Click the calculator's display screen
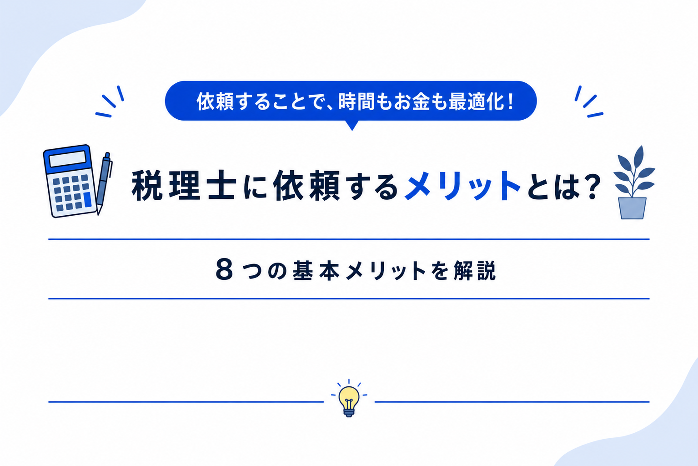click(67, 159)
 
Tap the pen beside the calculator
click(104, 183)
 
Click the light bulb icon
click(349, 400)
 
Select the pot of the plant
click(632, 208)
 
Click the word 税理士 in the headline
click(184, 185)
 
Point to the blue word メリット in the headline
click(462, 185)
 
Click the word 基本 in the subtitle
click(316, 270)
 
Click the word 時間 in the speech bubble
click(357, 101)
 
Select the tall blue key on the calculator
click(87, 199)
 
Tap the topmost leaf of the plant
click(639, 157)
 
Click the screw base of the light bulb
click(349, 412)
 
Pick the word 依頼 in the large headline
click(306, 185)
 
